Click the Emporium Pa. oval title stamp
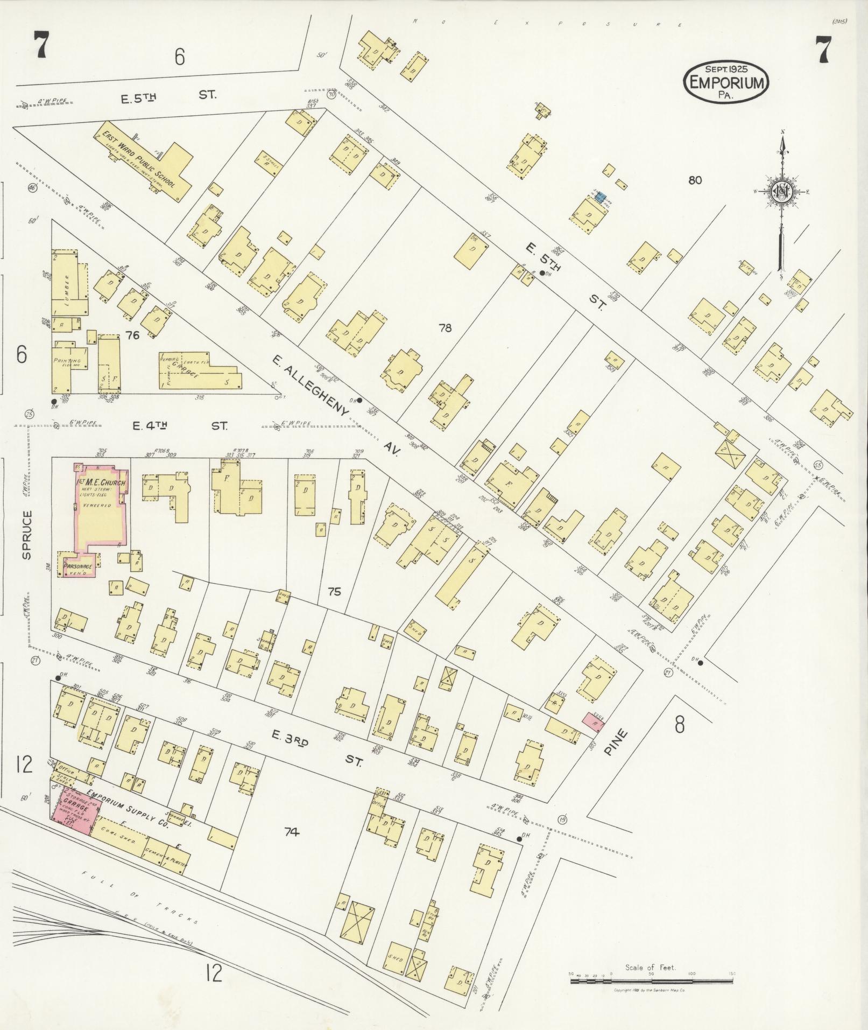726,82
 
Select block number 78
444,327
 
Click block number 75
334,592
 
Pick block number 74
291,832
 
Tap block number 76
132,335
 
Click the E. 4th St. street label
180,426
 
